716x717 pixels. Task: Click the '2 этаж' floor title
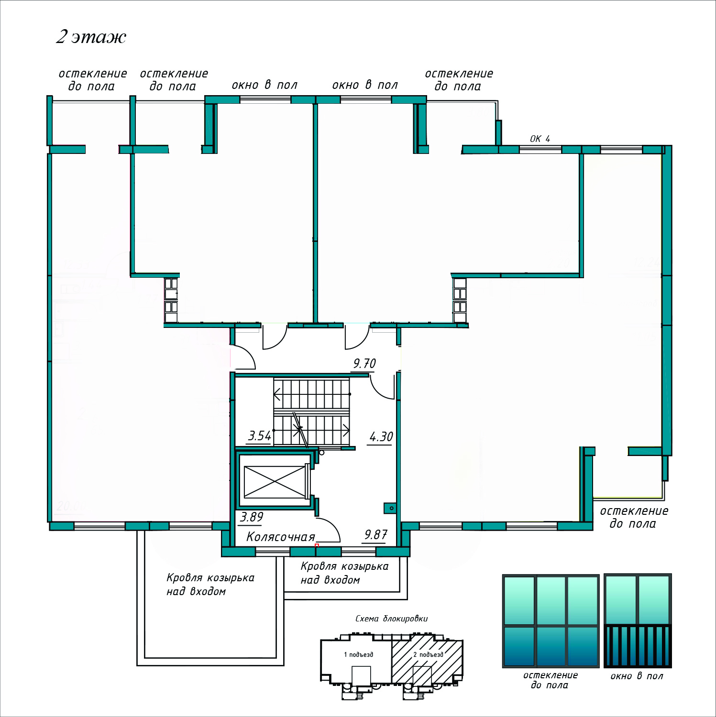[x=91, y=37]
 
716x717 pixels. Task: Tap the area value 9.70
[x=364, y=364]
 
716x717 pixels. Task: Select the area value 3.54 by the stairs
[x=260, y=436]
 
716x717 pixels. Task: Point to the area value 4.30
[x=381, y=437]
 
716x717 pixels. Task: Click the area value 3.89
[x=252, y=517]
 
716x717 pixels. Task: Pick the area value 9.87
[x=376, y=535]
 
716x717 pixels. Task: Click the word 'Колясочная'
[x=281, y=537]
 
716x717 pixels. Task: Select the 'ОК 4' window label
[x=540, y=139]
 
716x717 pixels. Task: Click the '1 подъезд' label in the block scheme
[x=358, y=654]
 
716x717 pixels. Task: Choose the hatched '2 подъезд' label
[x=428, y=654]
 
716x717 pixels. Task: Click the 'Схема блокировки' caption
[x=391, y=619]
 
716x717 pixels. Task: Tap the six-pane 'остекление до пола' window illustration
[x=551, y=620]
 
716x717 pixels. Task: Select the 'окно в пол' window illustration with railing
[x=638, y=620]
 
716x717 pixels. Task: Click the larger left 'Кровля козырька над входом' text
[x=210, y=584]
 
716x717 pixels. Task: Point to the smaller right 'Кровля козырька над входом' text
[x=344, y=573]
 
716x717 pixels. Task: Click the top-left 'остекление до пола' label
[x=92, y=80]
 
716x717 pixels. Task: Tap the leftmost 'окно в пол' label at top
[x=264, y=85]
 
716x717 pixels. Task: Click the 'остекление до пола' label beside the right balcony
[x=634, y=517]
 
